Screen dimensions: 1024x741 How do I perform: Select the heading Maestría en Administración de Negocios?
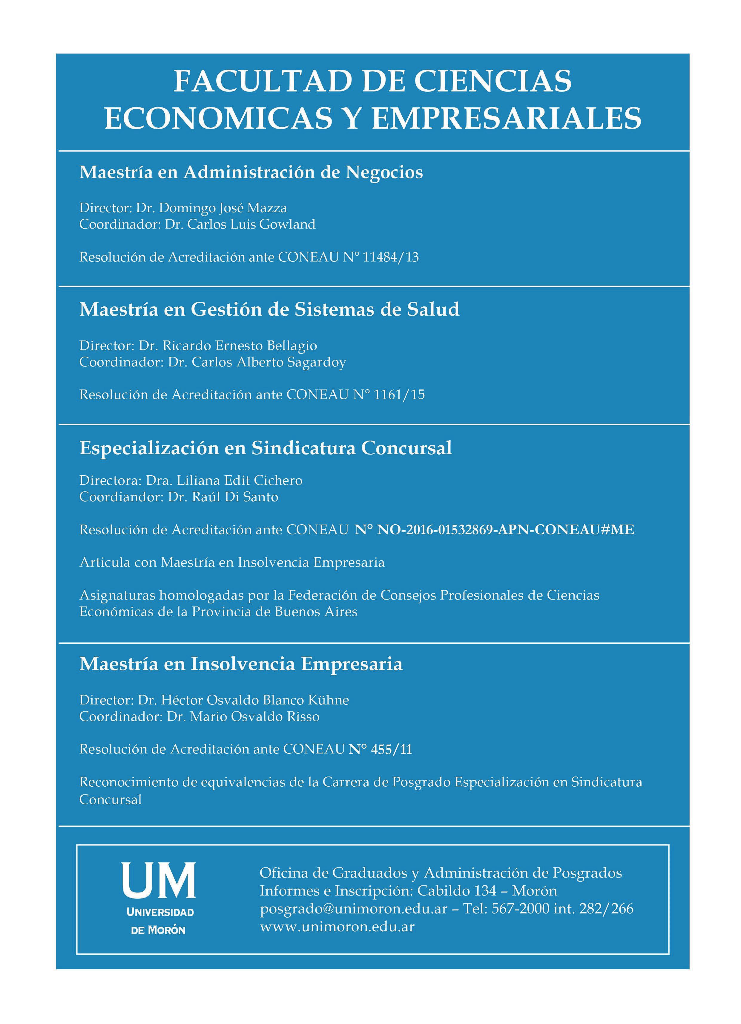[x=251, y=172]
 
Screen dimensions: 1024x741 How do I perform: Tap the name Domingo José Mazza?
[x=223, y=208]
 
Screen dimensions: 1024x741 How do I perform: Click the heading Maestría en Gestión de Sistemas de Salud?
[x=269, y=309]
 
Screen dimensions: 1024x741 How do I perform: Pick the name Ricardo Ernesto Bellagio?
[x=239, y=346]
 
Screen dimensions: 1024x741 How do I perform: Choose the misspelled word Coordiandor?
[x=119, y=497]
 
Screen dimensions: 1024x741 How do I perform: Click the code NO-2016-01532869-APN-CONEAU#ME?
[x=505, y=530]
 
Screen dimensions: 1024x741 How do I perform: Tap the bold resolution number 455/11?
[x=392, y=750]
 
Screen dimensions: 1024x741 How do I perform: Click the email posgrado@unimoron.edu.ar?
[x=353, y=908]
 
